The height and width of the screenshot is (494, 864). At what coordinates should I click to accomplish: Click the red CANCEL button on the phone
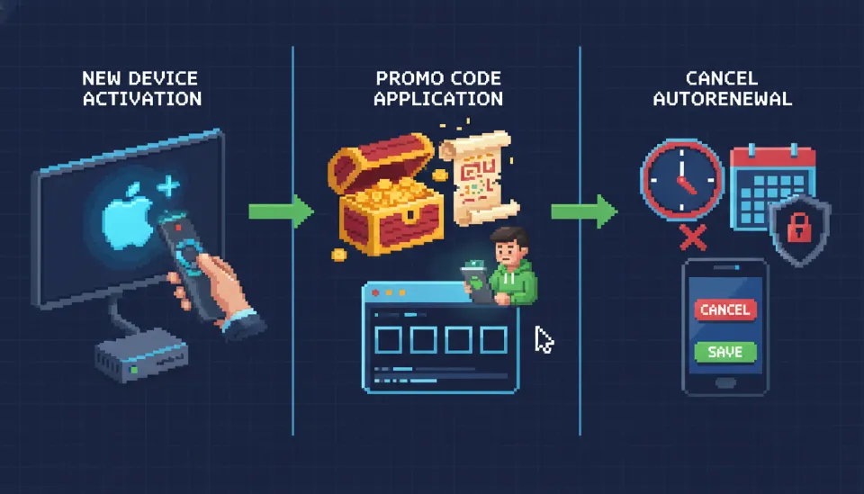click(724, 310)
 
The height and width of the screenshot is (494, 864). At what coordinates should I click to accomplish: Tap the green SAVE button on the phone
click(724, 351)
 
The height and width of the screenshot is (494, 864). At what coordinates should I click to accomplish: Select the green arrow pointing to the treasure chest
click(280, 211)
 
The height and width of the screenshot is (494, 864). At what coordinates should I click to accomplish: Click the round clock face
click(681, 180)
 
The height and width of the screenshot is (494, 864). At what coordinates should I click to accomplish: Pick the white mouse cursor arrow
click(544, 340)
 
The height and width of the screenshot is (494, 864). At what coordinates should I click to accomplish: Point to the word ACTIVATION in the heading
click(142, 98)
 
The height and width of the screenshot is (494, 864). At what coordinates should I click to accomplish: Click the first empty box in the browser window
click(388, 339)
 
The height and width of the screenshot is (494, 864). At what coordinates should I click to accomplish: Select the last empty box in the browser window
click(493, 339)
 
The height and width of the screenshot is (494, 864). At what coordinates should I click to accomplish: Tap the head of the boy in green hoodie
click(506, 245)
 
